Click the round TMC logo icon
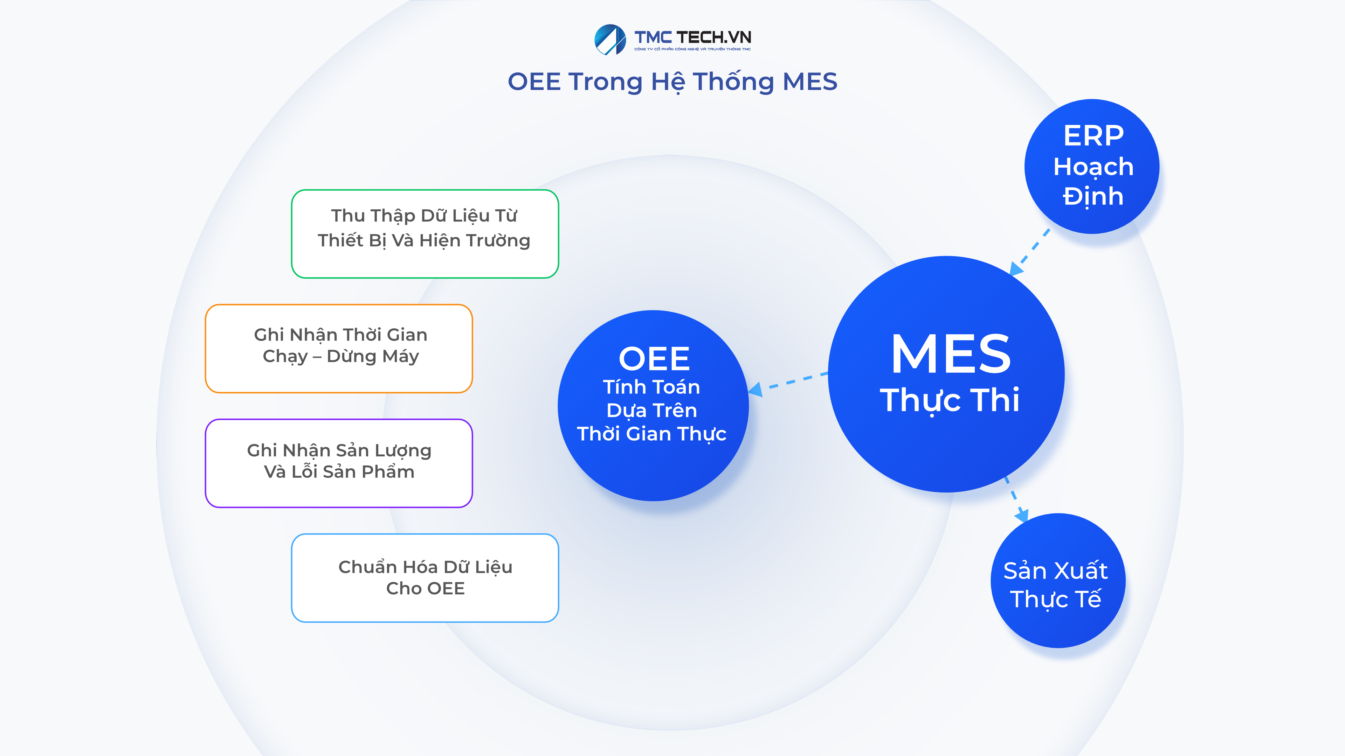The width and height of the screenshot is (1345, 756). coord(610,40)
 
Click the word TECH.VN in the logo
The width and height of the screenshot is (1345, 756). coord(714,37)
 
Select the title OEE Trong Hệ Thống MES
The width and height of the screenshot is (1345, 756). coord(672,82)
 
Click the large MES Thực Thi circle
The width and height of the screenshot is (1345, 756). coord(946,373)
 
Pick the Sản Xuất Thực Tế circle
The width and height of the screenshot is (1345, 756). coord(1057,581)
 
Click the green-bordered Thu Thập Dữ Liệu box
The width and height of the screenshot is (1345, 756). coord(425,234)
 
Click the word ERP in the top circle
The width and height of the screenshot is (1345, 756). coord(1093,136)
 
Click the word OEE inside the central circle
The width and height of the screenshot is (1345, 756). coord(654,359)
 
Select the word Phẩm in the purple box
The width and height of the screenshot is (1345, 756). coord(388,472)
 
